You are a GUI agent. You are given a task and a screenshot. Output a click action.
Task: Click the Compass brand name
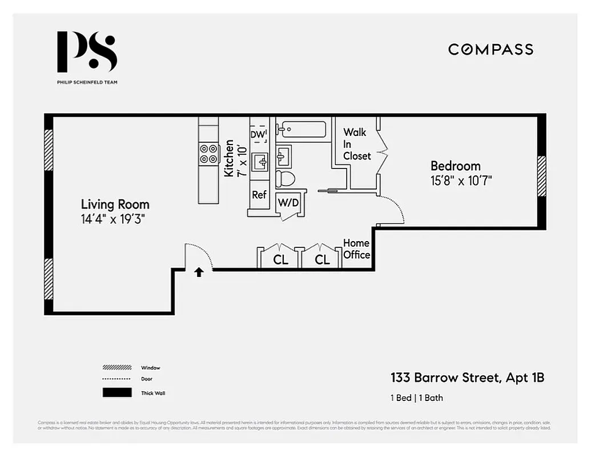pyautogui.click(x=491, y=49)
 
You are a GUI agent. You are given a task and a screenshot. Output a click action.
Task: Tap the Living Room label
pyautogui.click(x=115, y=205)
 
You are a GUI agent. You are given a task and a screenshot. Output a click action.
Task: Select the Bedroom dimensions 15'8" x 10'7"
pyautogui.click(x=461, y=181)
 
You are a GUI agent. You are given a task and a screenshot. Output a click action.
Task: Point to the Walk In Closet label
pyautogui.click(x=356, y=144)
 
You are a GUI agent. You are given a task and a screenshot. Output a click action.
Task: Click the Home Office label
pyautogui.click(x=356, y=249)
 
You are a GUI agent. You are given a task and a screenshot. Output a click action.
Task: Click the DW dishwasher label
pyautogui.click(x=258, y=134)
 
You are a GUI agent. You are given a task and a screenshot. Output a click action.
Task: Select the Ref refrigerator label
pyautogui.click(x=259, y=195)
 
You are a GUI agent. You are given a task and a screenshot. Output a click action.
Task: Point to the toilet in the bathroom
pyautogui.click(x=285, y=178)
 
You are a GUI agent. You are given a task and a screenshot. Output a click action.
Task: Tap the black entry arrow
pyautogui.click(x=199, y=272)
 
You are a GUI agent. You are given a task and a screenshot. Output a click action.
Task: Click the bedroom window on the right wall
pyautogui.click(x=541, y=176)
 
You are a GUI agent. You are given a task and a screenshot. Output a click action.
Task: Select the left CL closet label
pyautogui.click(x=280, y=260)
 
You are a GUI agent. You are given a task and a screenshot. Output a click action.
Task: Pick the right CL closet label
pyautogui.click(x=323, y=260)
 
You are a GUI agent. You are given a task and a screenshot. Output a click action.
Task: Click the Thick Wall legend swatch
pyautogui.click(x=117, y=393)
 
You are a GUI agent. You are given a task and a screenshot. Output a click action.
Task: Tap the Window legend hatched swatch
pyautogui.click(x=117, y=367)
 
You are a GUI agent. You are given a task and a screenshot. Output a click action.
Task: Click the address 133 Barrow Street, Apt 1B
pyautogui.click(x=467, y=378)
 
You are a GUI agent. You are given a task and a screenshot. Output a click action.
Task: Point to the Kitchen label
pyautogui.click(x=229, y=158)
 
